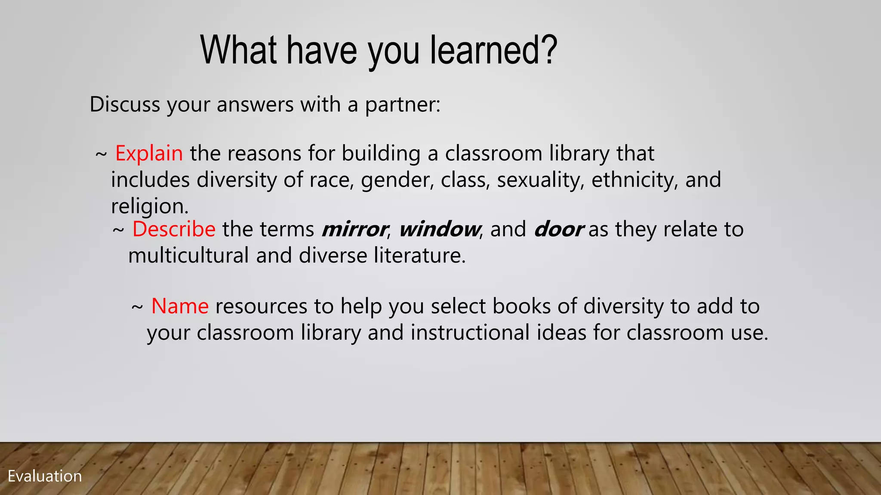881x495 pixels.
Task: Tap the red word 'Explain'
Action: (x=149, y=153)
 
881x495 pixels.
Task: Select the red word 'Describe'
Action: (x=174, y=229)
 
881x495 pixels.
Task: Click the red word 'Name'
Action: (x=180, y=306)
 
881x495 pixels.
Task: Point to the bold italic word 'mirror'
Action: (x=354, y=229)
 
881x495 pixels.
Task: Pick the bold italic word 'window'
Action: (x=439, y=229)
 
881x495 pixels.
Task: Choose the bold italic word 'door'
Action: (x=558, y=229)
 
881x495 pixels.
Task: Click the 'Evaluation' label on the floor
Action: (x=45, y=476)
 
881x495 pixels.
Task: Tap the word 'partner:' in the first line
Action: (x=403, y=104)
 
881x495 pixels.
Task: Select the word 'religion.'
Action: (x=150, y=206)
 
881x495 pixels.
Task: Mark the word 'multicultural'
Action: (x=188, y=256)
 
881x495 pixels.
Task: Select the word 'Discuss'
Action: (x=125, y=104)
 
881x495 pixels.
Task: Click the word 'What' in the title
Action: (x=239, y=50)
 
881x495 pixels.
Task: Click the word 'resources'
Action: (x=261, y=306)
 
